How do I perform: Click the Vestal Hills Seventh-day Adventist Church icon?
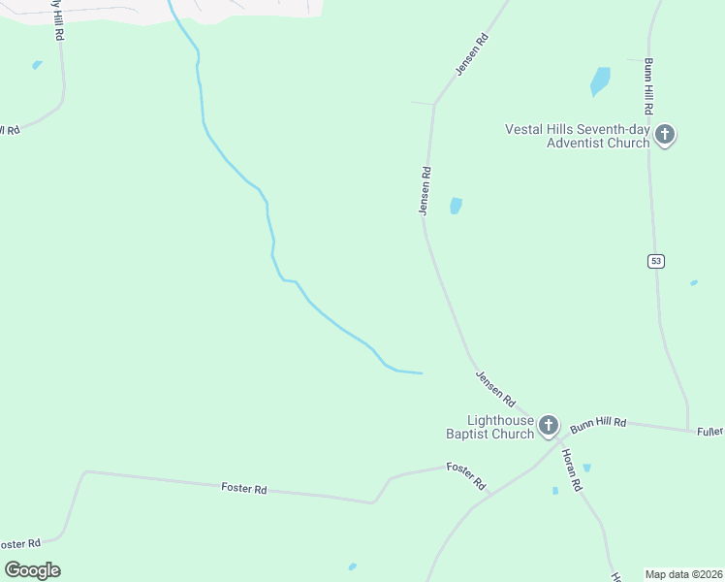pyautogui.click(x=665, y=134)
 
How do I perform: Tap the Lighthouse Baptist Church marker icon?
pyautogui.click(x=549, y=424)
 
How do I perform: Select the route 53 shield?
pyautogui.click(x=656, y=260)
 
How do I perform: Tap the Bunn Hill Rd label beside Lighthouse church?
pyautogui.click(x=598, y=424)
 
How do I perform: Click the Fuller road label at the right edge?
pyautogui.click(x=710, y=431)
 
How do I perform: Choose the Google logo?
pyautogui.click(x=32, y=569)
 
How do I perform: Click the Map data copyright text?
pyautogui.click(x=684, y=574)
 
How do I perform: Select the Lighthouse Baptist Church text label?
pyautogui.click(x=500, y=427)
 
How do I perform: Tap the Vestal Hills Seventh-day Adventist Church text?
pyautogui.click(x=577, y=136)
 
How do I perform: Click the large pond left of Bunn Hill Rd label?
pyautogui.click(x=600, y=81)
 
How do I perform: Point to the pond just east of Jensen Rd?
pyautogui.click(x=455, y=206)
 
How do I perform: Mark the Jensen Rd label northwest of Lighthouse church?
pyautogui.click(x=494, y=387)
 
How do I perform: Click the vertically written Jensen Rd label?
pyautogui.click(x=425, y=190)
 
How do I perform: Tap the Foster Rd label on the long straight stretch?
pyautogui.click(x=243, y=489)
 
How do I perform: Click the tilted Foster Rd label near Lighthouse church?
pyautogui.click(x=465, y=474)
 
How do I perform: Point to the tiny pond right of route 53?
pyautogui.click(x=693, y=283)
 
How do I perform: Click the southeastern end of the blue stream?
pyautogui.click(x=421, y=372)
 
